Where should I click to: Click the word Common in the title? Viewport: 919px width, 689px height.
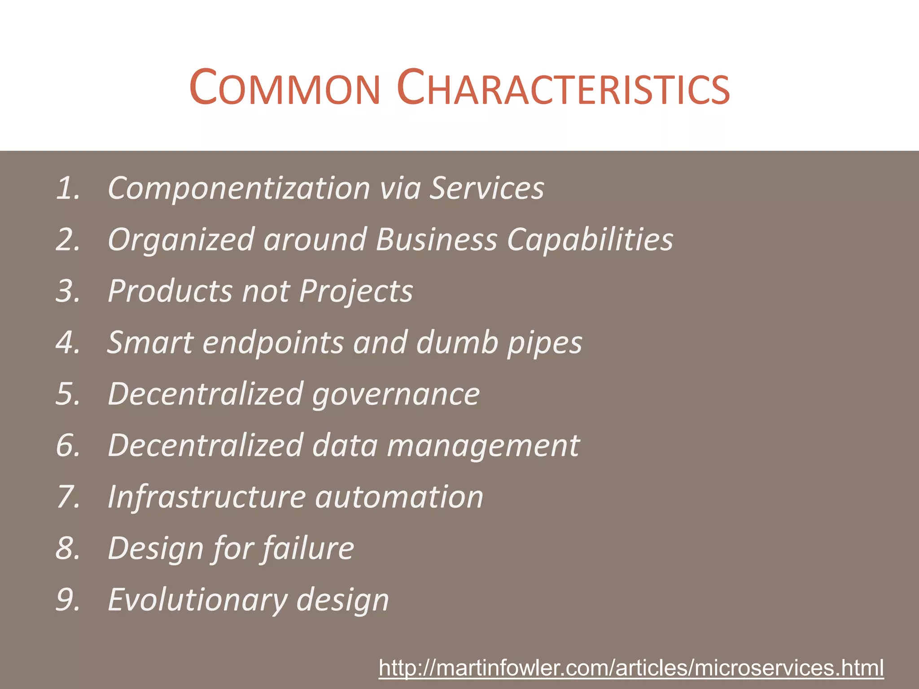[x=285, y=88]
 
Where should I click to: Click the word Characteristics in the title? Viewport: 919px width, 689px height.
[x=564, y=88]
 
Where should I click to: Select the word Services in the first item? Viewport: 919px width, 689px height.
[x=487, y=188]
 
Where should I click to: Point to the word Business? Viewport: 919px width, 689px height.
[x=437, y=240]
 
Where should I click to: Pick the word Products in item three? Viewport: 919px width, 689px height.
[x=170, y=291]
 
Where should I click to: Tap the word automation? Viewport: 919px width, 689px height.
[x=399, y=497]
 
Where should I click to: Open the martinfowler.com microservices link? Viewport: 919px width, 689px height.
[x=631, y=668]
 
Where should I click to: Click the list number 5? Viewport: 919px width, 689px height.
[x=68, y=394]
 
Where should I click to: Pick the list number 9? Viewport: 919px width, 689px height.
[x=68, y=600]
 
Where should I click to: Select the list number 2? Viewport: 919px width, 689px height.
[x=68, y=240]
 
